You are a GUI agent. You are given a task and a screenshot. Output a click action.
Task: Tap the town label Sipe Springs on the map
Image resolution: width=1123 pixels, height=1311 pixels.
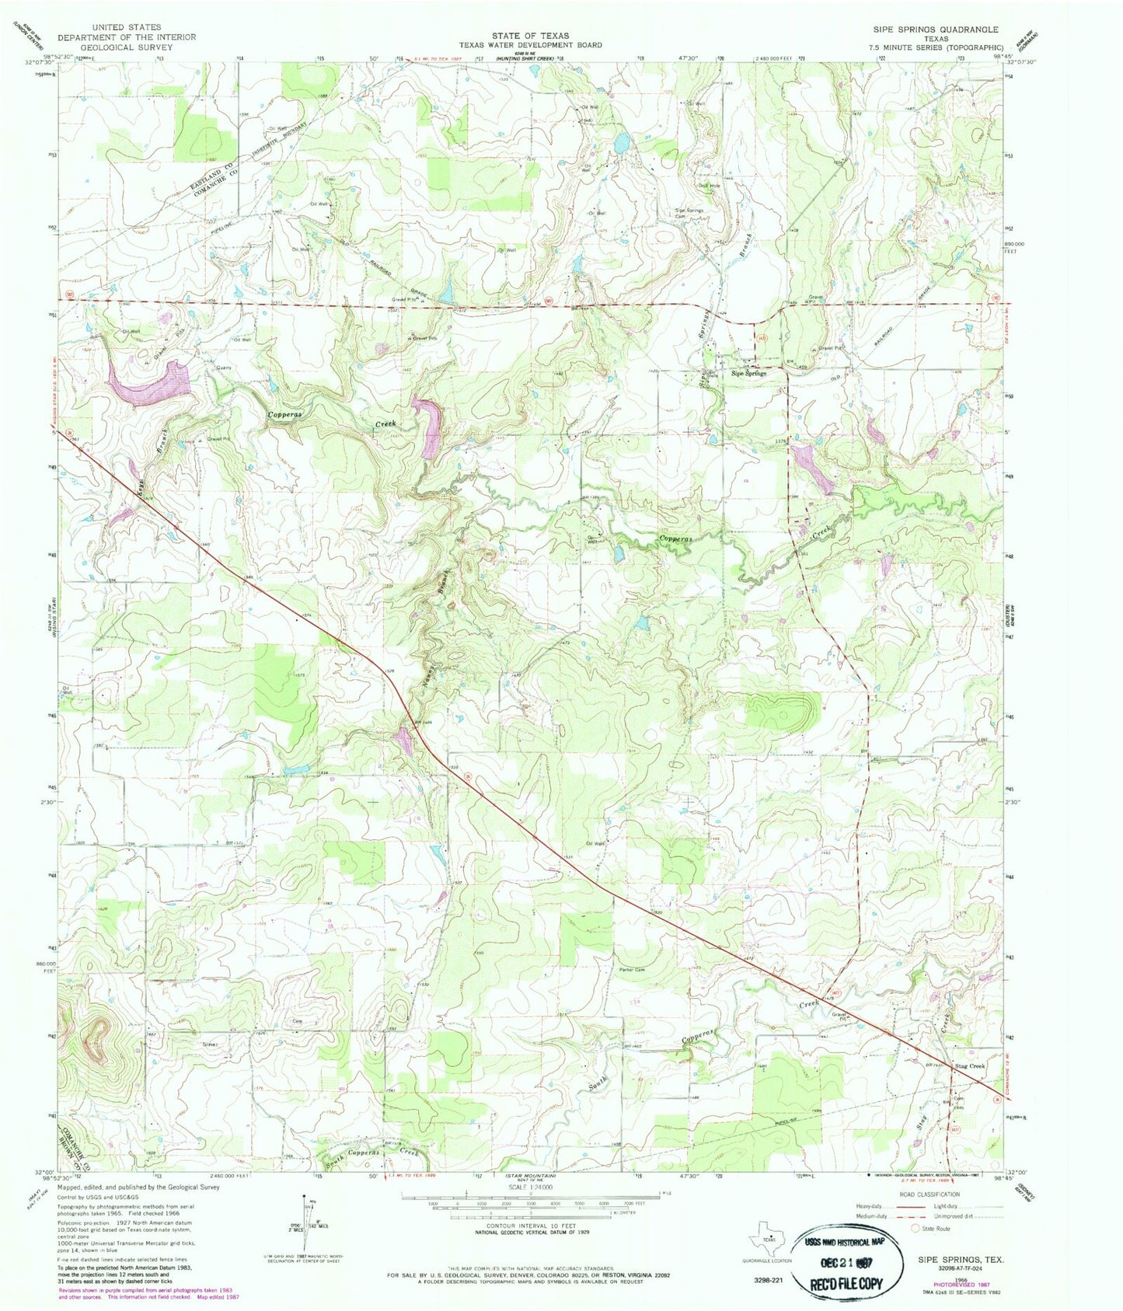coord(748,373)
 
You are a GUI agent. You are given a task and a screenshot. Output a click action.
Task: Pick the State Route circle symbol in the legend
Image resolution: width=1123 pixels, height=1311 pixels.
coord(915,1229)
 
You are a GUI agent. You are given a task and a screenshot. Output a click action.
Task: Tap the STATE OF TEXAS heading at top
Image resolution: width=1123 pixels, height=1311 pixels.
coord(530,36)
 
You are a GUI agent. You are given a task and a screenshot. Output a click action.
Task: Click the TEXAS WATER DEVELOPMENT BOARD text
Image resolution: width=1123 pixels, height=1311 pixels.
coord(530,45)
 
